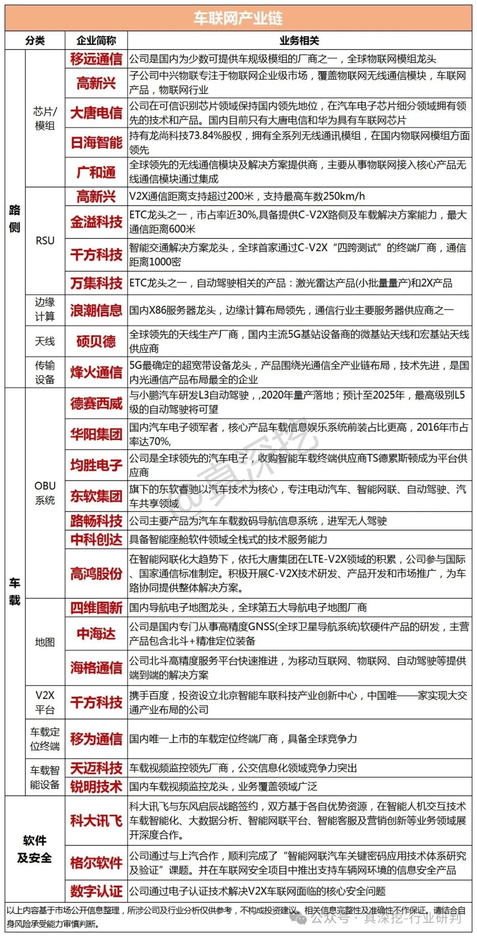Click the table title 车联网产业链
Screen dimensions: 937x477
(x=238, y=19)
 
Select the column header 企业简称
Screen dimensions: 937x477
(x=96, y=41)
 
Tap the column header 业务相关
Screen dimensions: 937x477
(x=299, y=41)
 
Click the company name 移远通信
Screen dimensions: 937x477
(x=96, y=59)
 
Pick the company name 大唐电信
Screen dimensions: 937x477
(x=96, y=113)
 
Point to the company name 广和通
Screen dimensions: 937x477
(x=96, y=172)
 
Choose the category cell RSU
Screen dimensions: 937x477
(x=45, y=241)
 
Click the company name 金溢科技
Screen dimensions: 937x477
(x=96, y=222)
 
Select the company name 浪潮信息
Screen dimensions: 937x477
(x=96, y=310)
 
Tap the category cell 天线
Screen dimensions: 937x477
(x=45, y=341)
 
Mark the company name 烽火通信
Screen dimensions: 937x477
(x=96, y=372)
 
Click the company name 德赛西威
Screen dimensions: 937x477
(x=96, y=403)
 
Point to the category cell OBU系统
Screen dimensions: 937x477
(x=45, y=493)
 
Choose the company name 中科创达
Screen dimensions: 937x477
(x=96, y=539)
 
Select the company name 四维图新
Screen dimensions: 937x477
(x=96, y=608)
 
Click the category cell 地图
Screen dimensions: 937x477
(x=45, y=642)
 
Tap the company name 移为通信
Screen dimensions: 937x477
(x=96, y=739)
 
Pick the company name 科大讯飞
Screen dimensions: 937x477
(x=96, y=820)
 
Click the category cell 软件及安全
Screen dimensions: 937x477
(x=34, y=849)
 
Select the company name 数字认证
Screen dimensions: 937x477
(x=96, y=891)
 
